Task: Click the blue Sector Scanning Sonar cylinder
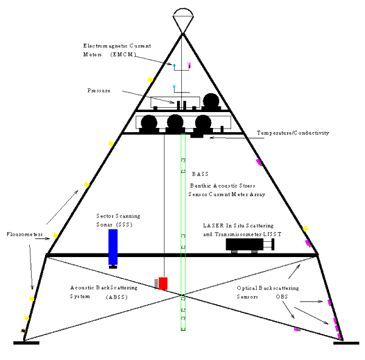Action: [113, 247]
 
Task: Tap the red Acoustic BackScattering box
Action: [163, 283]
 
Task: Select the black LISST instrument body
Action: [245, 244]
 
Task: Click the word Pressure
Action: [99, 91]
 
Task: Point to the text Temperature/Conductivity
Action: [293, 133]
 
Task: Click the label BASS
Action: [200, 174]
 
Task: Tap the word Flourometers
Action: [25, 234]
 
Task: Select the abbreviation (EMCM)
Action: [123, 55]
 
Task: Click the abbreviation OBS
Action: [282, 297]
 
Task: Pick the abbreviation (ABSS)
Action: [117, 297]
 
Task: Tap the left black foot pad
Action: [26, 343]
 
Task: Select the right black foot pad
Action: [346, 343]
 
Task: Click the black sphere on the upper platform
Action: [211, 101]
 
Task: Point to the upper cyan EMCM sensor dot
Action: [174, 65]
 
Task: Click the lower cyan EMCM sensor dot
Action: [174, 86]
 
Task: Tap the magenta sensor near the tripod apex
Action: [189, 66]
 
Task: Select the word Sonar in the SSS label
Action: [105, 225]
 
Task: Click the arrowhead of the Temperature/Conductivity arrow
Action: [211, 138]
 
